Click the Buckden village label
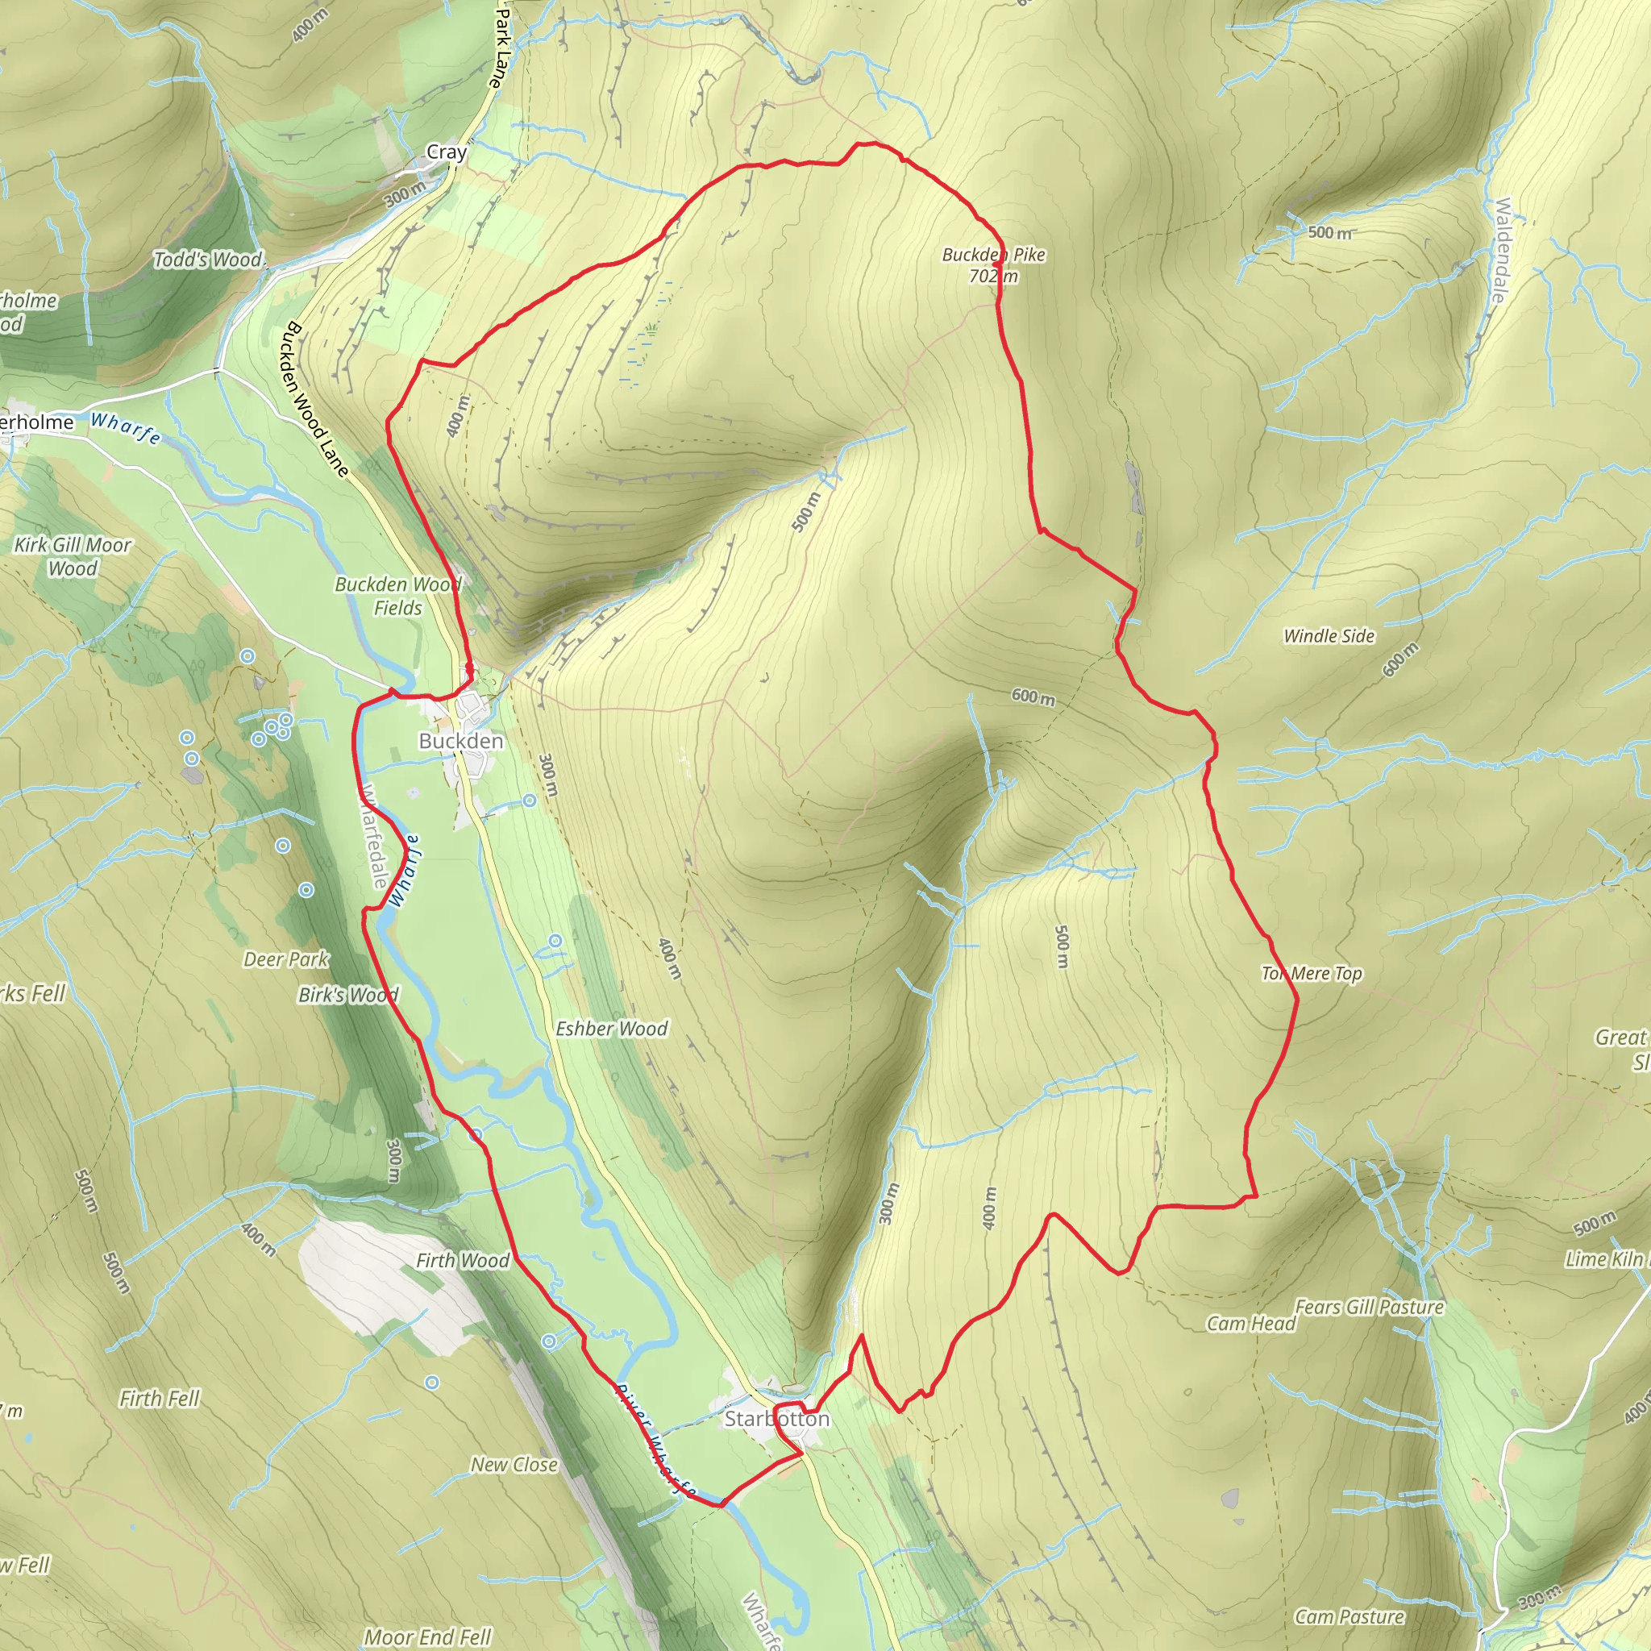(460, 741)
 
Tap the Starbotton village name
(776, 1419)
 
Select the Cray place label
(446, 152)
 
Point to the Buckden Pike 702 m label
(993, 265)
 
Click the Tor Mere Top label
(1311, 973)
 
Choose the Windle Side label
(1329, 636)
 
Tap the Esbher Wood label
(611, 1029)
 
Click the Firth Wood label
(462, 1261)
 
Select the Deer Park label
(285, 959)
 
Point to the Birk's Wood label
(347, 996)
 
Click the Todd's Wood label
(208, 260)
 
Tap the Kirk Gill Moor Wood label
(73, 556)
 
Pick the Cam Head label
(1250, 1324)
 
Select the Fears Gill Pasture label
(1369, 1307)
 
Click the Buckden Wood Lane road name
(317, 399)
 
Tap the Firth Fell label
(159, 1398)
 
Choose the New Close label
(514, 1464)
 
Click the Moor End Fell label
(427, 1636)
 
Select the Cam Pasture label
(1349, 1616)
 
